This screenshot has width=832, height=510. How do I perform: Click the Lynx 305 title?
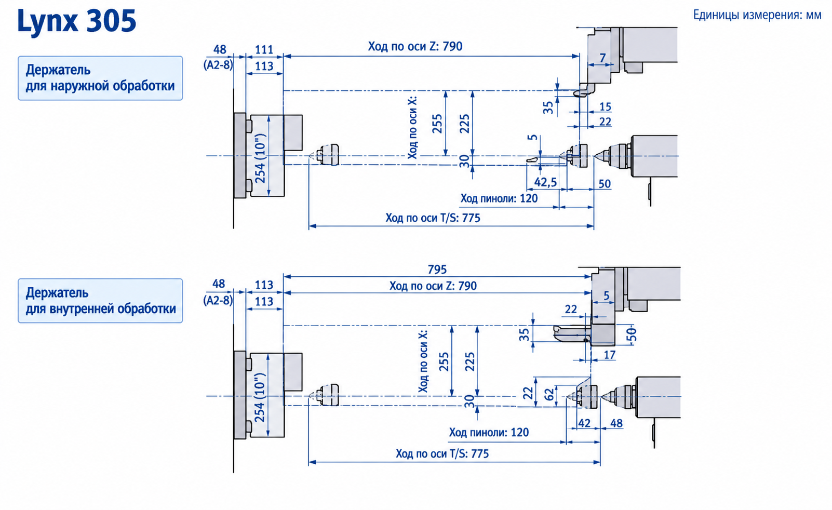tap(76, 22)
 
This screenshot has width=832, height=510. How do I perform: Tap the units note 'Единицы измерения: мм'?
tap(757, 15)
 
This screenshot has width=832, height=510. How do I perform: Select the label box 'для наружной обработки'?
tap(100, 78)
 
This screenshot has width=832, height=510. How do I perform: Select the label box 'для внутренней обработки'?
tap(100, 301)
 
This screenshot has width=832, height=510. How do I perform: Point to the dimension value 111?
tap(264, 49)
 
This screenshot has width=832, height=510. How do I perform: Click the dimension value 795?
tap(437, 270)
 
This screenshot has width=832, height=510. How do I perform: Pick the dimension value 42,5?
tap(546, 182)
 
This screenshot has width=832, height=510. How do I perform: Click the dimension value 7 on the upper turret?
tap(602, 58)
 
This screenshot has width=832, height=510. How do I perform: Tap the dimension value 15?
tap(605, 107)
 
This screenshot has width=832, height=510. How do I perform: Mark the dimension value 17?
tap(610, 355)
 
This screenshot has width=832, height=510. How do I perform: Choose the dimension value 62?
tap(549, 395)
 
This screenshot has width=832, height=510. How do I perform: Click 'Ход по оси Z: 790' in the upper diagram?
tap(415, 46)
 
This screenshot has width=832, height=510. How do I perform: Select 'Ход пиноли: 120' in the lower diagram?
tap(489, 433)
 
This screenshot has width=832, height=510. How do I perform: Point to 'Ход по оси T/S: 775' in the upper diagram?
tap(433, 218)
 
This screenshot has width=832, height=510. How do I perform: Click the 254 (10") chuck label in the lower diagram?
tap(260, 397)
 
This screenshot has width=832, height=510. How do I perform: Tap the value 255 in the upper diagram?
tap(437, 124)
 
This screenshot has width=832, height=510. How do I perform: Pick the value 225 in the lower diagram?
tap(470, 361)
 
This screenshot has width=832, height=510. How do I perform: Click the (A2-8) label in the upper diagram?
tap(218, 65)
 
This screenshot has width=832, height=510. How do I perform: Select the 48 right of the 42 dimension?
tap(616, 423)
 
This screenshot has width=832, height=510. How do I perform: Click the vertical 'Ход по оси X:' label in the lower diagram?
tap(423, 361)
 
